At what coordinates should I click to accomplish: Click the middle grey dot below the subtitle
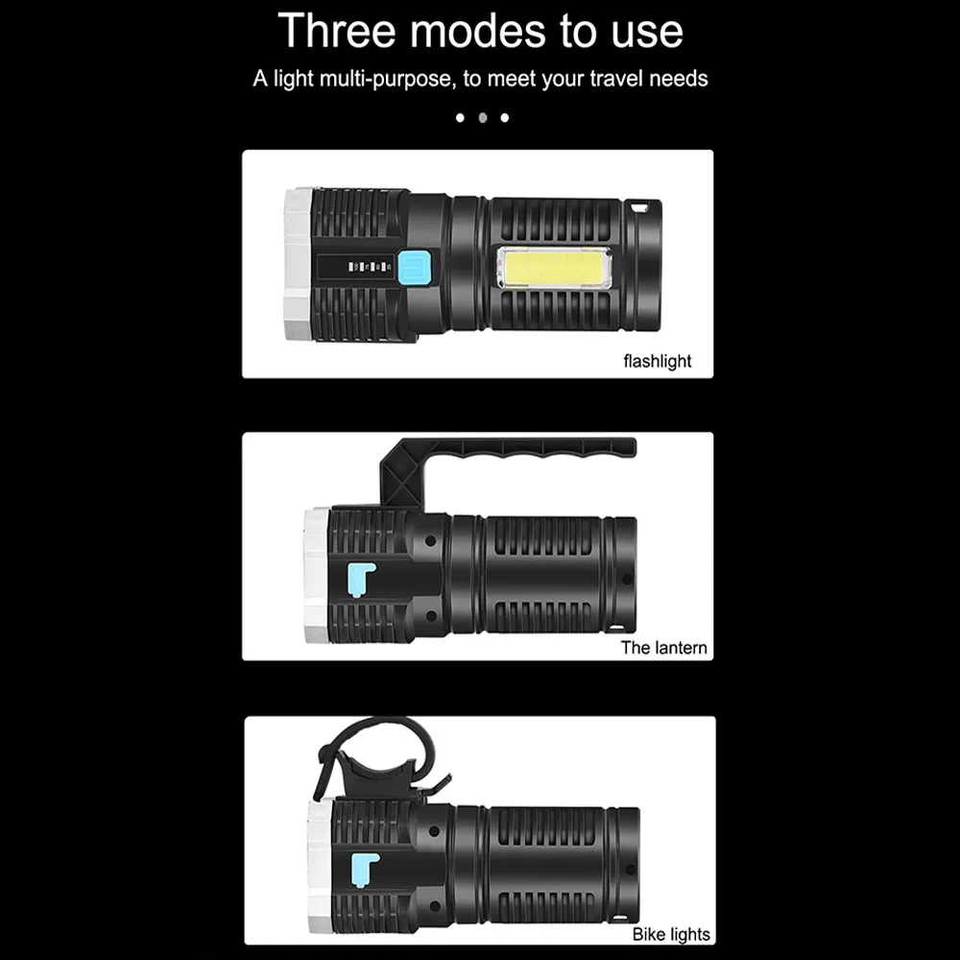click(x=482, y=117)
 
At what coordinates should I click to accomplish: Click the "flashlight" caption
click(x=657, y=361)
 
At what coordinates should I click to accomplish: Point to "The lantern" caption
click(x=663, y=647)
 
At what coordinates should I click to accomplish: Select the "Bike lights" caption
click(x=671, y=933)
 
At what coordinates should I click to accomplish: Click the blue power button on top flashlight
click(x=415, y=267)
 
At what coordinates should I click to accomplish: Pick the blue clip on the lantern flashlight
click(x=358, y=580)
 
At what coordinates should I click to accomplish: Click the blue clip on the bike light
click(x=360, y=869)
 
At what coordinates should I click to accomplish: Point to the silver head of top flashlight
click(x=296, y=264)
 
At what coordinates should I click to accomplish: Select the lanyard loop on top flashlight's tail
click(x=643, y=206)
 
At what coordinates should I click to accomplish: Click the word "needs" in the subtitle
click(x=679, y=79)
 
